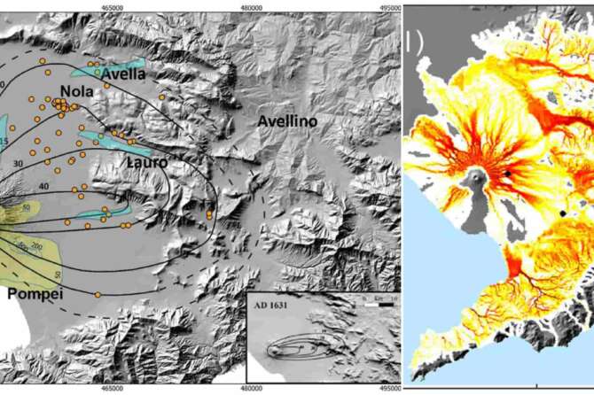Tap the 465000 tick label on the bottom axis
coord(113,388)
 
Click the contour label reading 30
coord(18,163)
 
